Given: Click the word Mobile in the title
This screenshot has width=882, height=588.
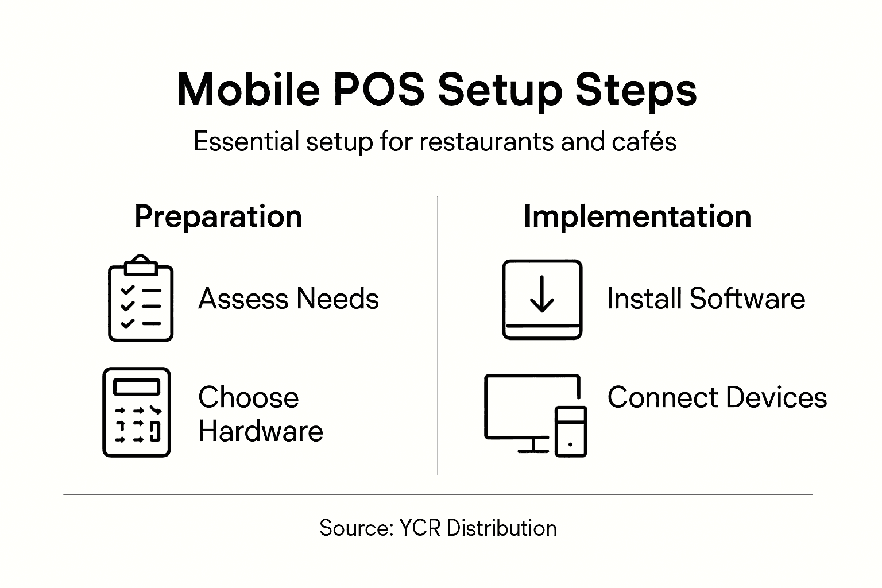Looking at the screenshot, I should pyautogui.click(x=248, y=90).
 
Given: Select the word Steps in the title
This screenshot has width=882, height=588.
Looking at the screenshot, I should pyautogui.click(x=636, y=90).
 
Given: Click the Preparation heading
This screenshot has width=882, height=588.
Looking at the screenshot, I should pyautogui.click(x=218, y=217).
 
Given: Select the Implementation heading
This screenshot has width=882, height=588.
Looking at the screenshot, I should pyautogui.click(x=637, y=217).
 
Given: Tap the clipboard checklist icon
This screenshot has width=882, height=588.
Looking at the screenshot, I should pyautogui.click(x=141, y=301).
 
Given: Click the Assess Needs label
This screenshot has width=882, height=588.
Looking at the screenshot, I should pyautogui.click(x=288, y=299).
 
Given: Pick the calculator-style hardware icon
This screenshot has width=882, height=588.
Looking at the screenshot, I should pyautogui.click(x=137, y=412).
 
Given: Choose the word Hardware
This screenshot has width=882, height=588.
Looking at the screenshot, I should pyautogui.click(x=261, y=431).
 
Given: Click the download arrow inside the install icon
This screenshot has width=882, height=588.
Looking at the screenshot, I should pyautogui.click(x=542, y=293).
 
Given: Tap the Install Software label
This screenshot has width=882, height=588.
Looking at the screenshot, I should pyautogui.click(x=706, y=299).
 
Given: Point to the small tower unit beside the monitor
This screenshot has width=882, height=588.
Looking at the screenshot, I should pyautogui.click(x=571, y=431).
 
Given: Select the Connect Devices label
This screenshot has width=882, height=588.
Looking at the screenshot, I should pyautogui.click(x=717, y=397).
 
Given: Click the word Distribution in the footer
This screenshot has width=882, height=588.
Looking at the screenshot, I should pyautogui.click(x=501, y=528).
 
